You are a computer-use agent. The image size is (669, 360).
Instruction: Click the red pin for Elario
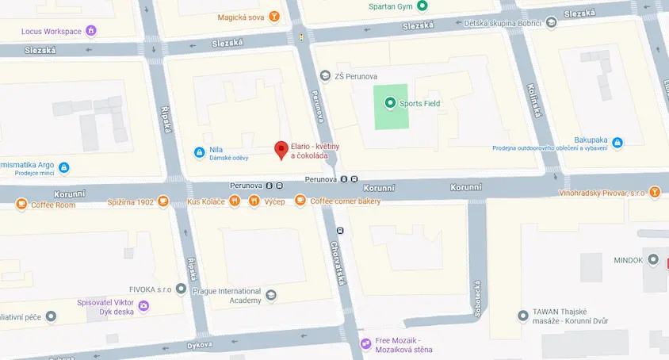(x=280, y=149)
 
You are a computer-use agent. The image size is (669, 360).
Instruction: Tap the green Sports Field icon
(x=389, y=103)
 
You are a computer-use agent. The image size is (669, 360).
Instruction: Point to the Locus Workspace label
(x=52, y=31)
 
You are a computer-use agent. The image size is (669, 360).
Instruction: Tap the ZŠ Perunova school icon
(x=324, y=75)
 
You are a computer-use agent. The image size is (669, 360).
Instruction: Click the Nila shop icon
(x=198, y=151)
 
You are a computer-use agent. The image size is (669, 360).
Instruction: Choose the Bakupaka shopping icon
(x=617, y=143)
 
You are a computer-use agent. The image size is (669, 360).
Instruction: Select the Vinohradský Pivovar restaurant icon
(x=655, y=191)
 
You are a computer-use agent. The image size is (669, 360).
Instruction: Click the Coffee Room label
(x=53, y=205)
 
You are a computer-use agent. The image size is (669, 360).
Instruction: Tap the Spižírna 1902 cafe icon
(x=163, y=201)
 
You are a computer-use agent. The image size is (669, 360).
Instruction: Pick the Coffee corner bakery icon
(x=300, y=201)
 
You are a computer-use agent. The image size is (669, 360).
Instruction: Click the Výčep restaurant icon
(x=254, y=201)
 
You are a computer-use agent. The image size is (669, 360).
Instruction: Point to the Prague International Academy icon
(x=272, y=295)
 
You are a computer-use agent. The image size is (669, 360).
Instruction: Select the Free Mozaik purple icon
(x=365, y=343)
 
